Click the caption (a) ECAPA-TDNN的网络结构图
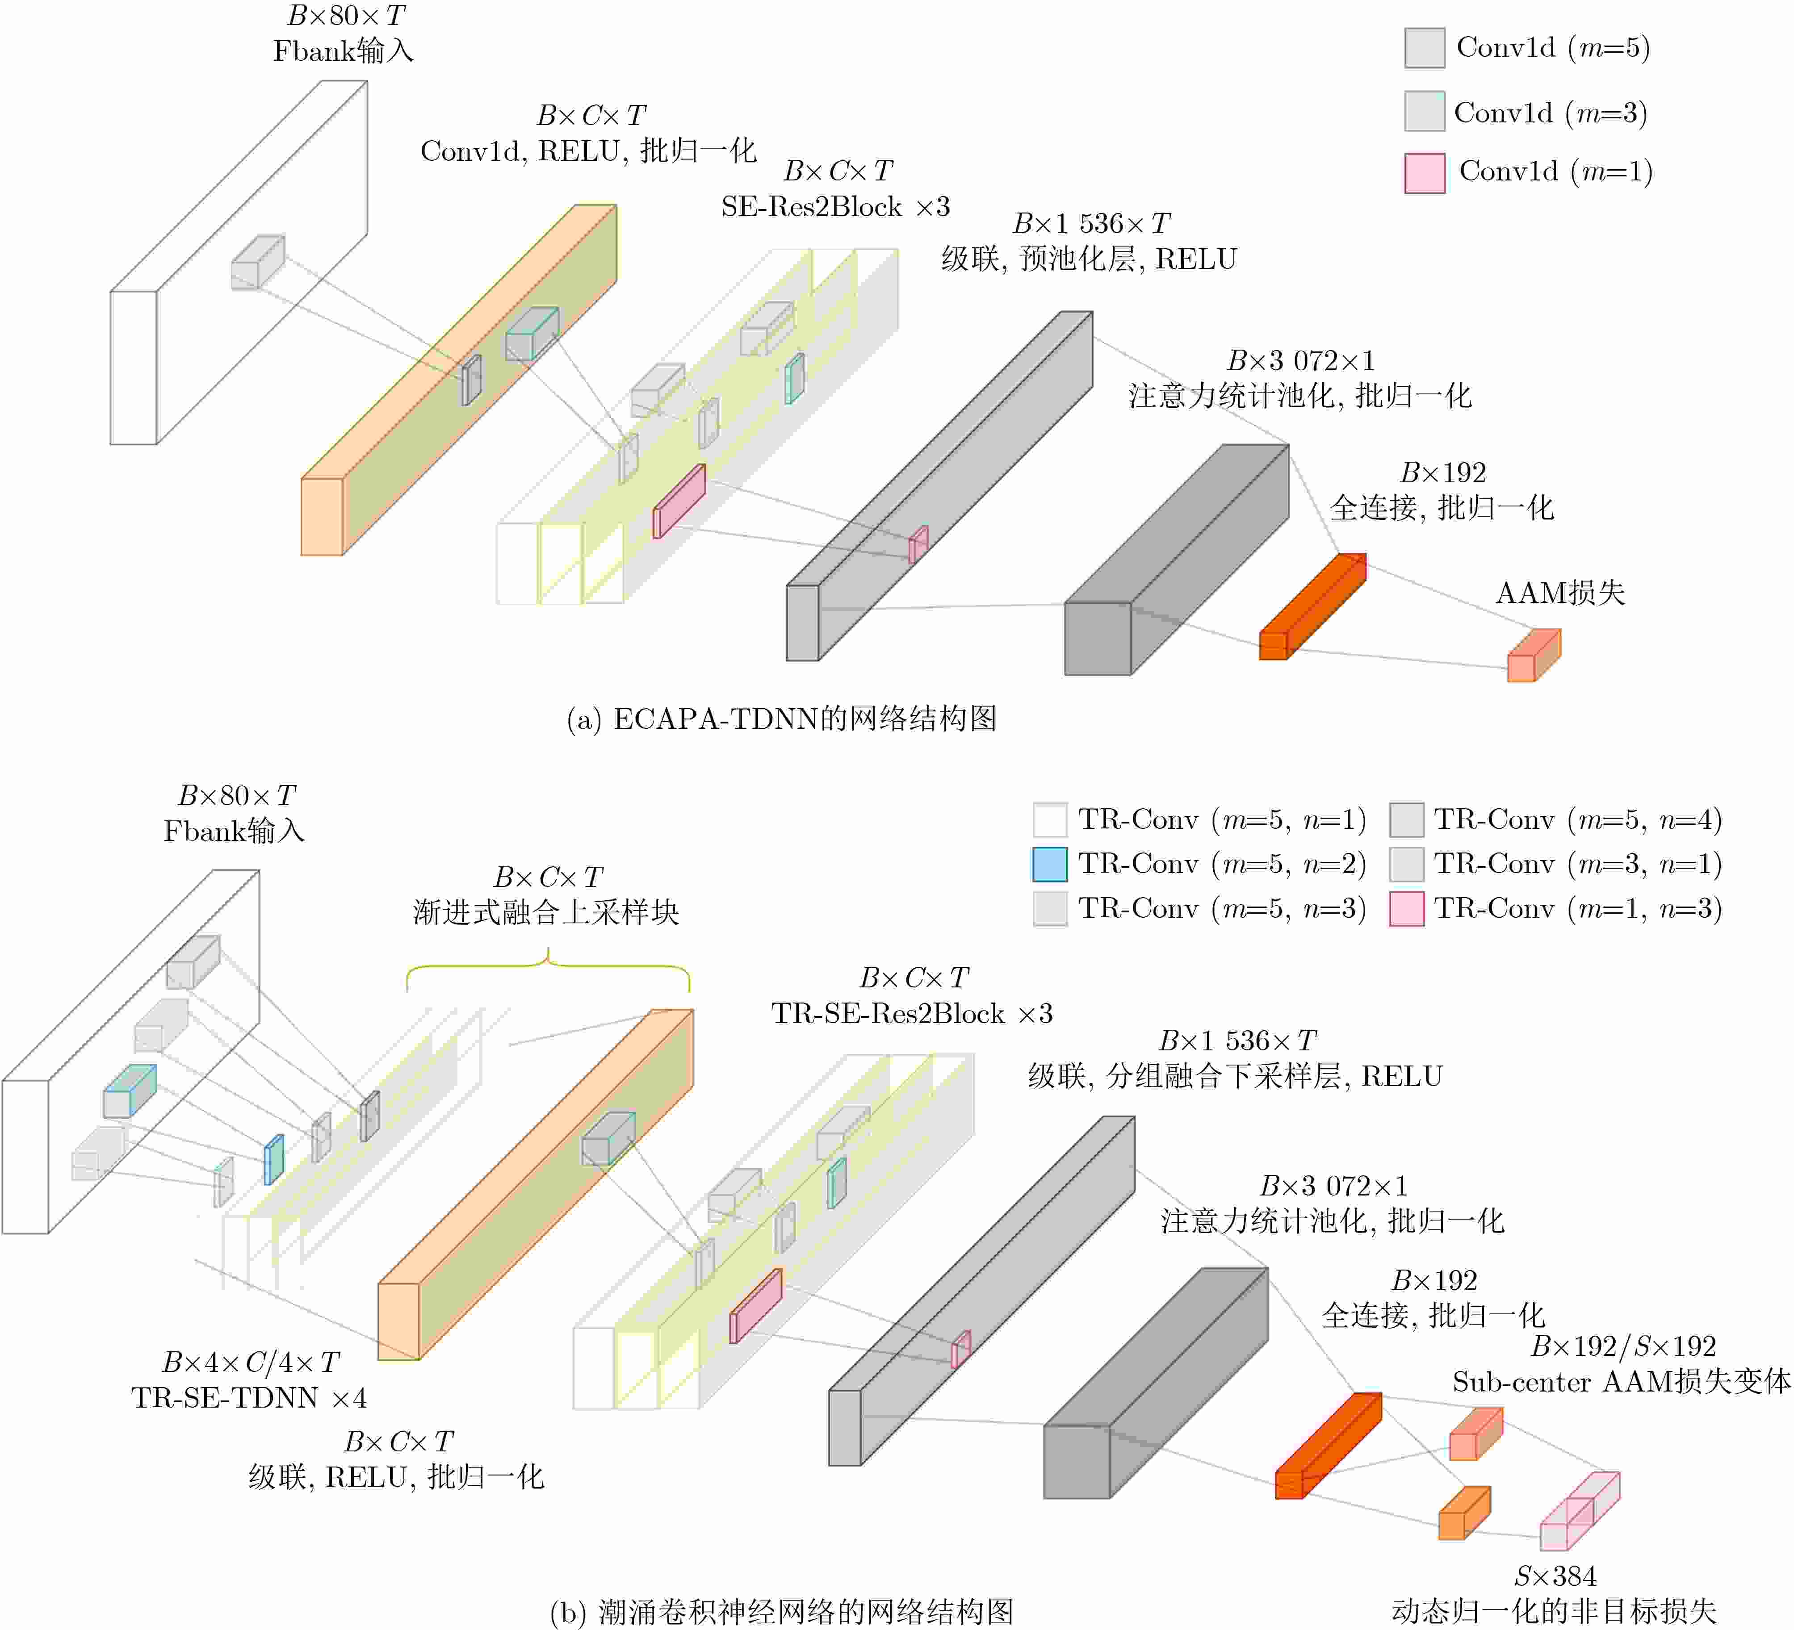point(781,719)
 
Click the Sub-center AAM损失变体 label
point(1622,1382)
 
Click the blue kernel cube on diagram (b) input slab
point(130,1091)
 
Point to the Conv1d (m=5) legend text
point(1553,47)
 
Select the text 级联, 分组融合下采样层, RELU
point(1235,1077)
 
